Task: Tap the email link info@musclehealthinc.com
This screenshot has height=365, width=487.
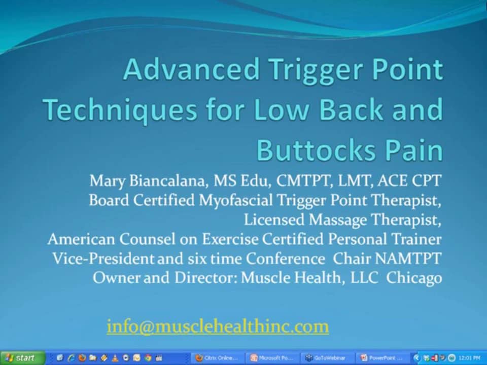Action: [x=218, y=326]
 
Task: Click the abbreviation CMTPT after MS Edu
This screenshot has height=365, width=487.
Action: [x=312, y=181]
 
